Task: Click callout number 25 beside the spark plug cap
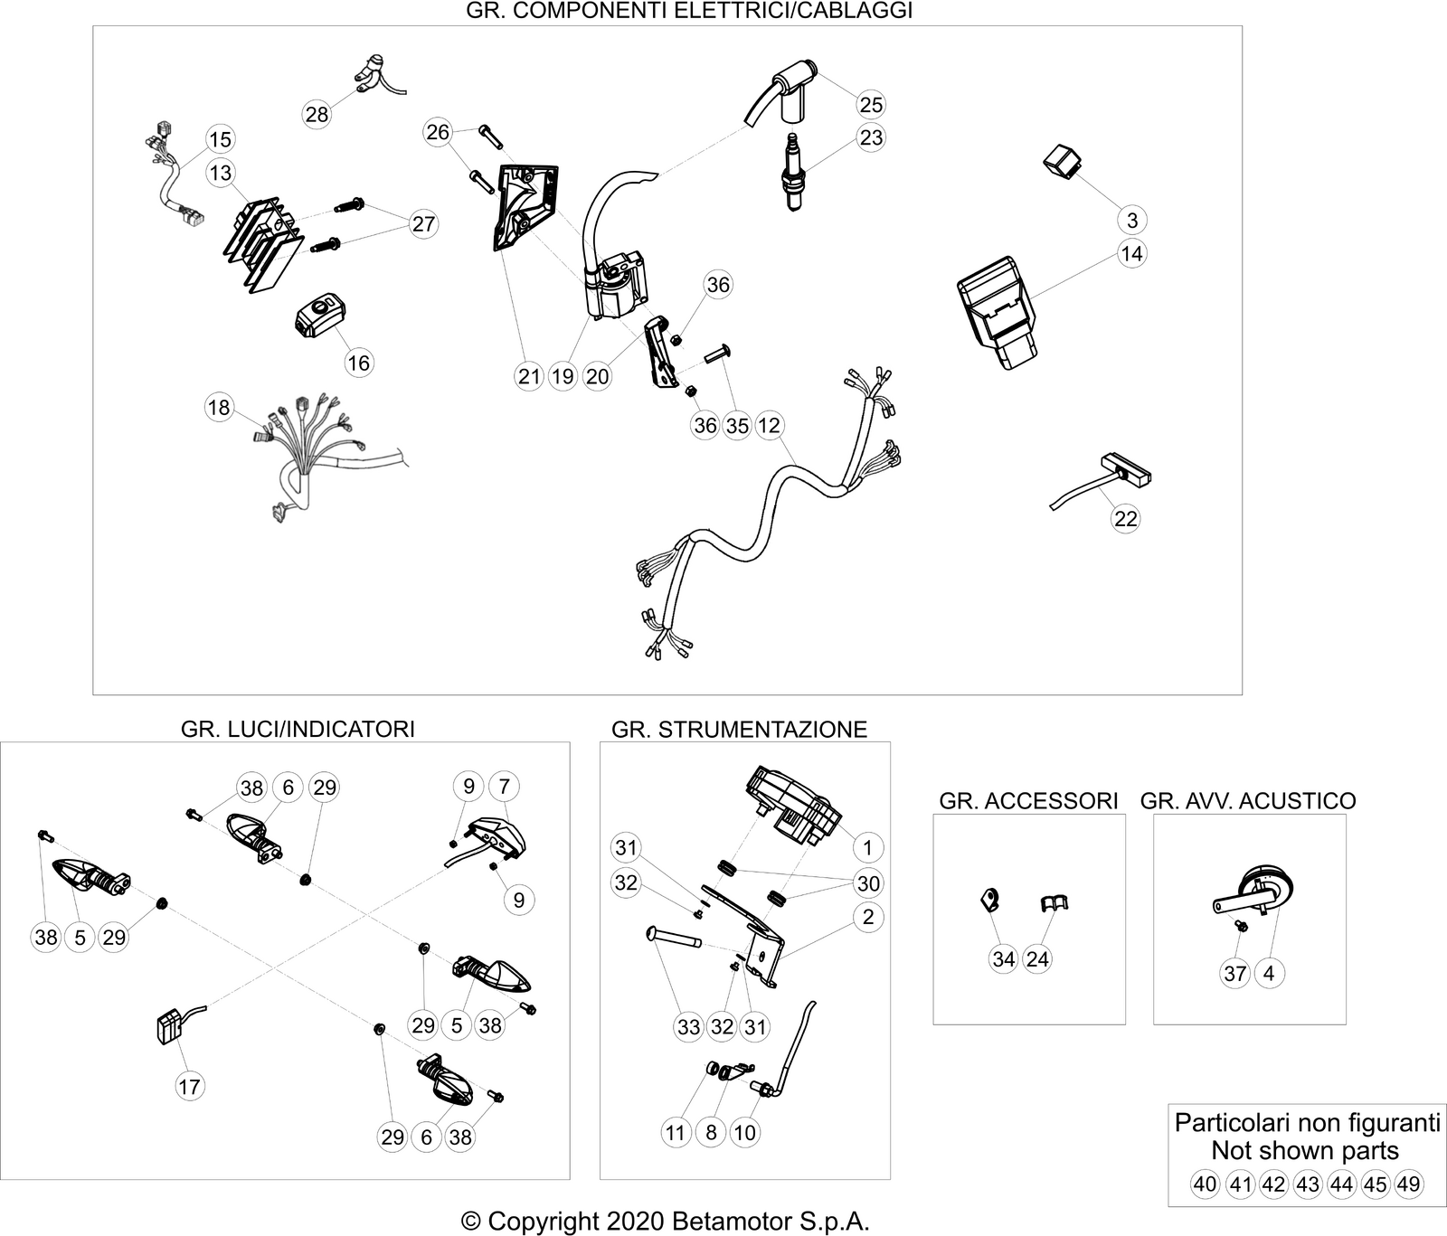pyautogui.click(x=871, y=104)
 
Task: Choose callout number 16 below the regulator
pyautogui.click(x=359, y=363)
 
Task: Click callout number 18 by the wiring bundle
pyautogui.click(x=219, y=408)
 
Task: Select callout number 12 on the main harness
pyautogui.click(x=769, y=425)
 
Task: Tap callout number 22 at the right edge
pyautogui.click(x=1126, y=518)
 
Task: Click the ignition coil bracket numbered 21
pyautogui.click(x=524, y=209)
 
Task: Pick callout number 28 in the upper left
pyautogui.click(x=317, y=115)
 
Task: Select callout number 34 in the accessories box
pyautogui.click(x=1004, y=958)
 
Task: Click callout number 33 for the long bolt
pyautogui.click(x=689, y=1027)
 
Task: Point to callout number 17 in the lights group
pyautogui.click(x=189, y=1086)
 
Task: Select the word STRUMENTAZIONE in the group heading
pyautogui.click(x=761, y=729)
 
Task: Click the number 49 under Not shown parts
pyautogui.click(x=1408, y=1184)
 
